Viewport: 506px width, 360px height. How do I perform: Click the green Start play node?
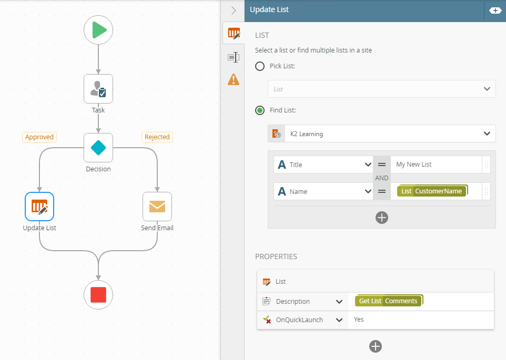(x=98, y=30)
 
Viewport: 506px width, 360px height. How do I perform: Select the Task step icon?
(x=98, y=89)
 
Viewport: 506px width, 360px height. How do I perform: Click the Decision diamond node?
(x=98, y=148)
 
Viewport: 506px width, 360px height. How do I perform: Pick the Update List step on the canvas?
(x=39, y=207)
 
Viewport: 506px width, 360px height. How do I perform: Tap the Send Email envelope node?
(x=157, y=207)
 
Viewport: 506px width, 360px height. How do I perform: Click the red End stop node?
(x=98, y=295)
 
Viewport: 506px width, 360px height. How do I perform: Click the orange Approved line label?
(x=39, y=137)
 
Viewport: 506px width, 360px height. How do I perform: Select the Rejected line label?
(x=157, y=137)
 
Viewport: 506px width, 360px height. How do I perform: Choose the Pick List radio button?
(x=260, y=66)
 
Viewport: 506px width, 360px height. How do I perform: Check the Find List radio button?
(x=260, y=110)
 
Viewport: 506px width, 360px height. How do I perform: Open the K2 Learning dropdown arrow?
(x=487, y=133)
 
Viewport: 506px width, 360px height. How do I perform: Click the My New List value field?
(x=436, y=164)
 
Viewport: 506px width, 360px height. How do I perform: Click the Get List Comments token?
(x=389, y=301)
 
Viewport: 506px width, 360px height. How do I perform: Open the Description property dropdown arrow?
(x=339, y=302)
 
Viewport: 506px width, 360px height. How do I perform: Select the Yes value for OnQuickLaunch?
(x=359, y=320)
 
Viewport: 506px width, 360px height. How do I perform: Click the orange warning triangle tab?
(x=234, y=79)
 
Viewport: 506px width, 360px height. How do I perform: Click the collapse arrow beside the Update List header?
(x=234, y=11)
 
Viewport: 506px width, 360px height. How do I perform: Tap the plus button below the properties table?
(x=376, y=346)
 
